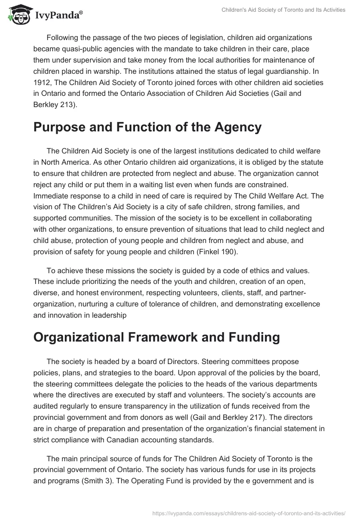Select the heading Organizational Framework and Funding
157,337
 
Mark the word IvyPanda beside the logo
58,16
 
